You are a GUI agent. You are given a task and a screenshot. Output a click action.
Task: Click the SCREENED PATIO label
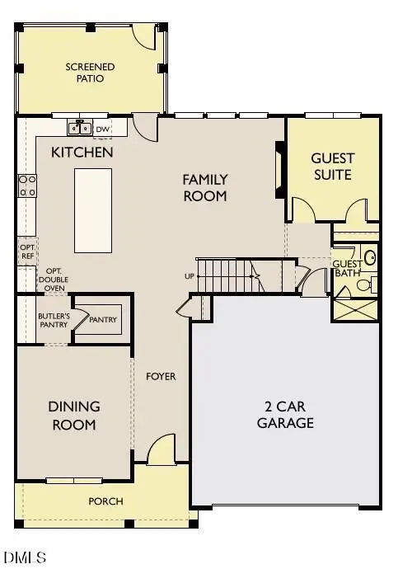91,73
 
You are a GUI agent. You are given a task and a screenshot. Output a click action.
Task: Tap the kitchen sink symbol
80,128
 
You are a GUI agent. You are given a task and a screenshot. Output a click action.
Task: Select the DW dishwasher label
103,129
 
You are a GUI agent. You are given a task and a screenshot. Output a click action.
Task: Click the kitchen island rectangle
93,210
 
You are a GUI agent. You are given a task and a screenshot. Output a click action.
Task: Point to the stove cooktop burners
27,186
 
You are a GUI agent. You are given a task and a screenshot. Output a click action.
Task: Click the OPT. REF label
26,250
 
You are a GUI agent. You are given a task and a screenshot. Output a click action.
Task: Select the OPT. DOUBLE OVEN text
55,279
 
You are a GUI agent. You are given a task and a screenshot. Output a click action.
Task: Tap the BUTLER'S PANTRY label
53,321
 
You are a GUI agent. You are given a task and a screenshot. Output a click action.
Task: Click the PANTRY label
103,320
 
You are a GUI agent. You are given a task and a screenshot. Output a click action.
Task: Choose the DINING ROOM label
73,416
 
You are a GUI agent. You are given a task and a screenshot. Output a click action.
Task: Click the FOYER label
161,377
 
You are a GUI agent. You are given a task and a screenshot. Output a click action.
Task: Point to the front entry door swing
162,449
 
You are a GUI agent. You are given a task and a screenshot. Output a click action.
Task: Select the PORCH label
105,501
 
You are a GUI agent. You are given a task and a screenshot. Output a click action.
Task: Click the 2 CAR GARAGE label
285,416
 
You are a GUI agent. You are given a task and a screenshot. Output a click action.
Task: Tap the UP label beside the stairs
190,275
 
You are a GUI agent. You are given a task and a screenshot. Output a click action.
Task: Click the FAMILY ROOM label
205,187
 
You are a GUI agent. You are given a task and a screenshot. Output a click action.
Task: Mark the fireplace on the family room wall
280,171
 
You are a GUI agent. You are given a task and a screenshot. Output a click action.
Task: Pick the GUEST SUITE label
332,166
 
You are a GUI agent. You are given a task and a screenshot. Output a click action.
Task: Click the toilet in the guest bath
367,284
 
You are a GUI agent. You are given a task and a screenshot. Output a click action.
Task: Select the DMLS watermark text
25,558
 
